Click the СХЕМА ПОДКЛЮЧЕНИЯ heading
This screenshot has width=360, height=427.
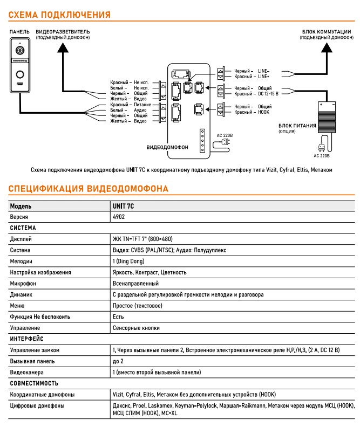coord(59,15)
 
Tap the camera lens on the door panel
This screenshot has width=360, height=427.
coord(20,51)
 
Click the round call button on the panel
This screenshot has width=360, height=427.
coord(20,74)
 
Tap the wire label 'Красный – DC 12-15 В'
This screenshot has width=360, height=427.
coord(256,94)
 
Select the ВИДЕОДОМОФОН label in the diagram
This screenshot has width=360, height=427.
coord(167,147)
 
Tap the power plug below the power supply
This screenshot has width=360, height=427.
coord(322,145)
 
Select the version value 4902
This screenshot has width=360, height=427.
coord(119,216)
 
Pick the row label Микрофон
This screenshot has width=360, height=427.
coord(24,284)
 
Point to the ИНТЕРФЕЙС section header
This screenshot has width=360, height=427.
coord(28,339)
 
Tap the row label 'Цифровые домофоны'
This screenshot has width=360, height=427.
coord(37,406)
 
